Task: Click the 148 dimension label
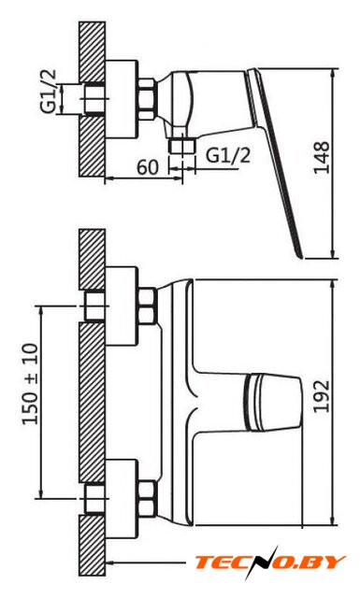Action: pos(322,158)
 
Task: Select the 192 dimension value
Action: pos(322,396)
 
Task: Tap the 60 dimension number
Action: pos(148,166)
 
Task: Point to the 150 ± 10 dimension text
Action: pos(31,384)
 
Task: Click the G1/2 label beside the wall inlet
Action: pos(49,91)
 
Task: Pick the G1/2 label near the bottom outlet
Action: pos(228,154)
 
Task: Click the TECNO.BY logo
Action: pos(270,562)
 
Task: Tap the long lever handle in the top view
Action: pos(274,162)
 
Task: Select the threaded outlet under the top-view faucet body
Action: pos(182,146)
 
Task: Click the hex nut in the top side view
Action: pos(147,99)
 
